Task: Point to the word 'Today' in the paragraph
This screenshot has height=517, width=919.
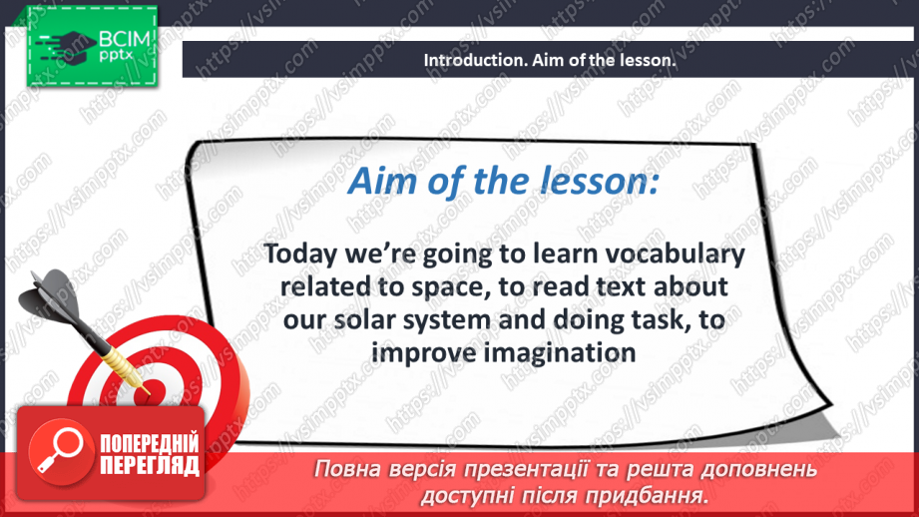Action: pyautogui.click(x=296, y=256)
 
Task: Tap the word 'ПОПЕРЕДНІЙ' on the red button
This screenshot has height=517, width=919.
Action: pyautogui.click(x=148, y=444)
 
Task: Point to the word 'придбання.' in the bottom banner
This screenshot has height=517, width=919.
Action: pyautogui.click(x=654, y=494)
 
